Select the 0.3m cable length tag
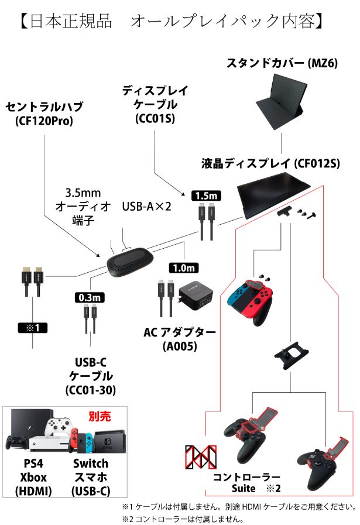pos(89,297)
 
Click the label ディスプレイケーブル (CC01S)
pos(155,102)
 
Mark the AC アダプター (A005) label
pos(179,339)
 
